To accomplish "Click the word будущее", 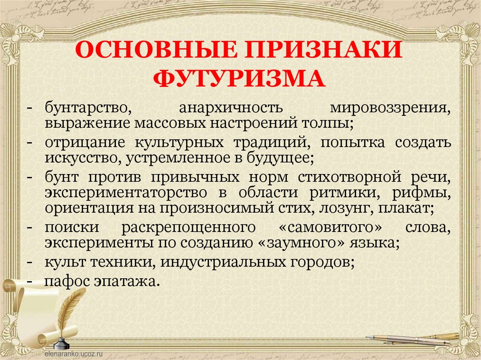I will click(x=279, y=158).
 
